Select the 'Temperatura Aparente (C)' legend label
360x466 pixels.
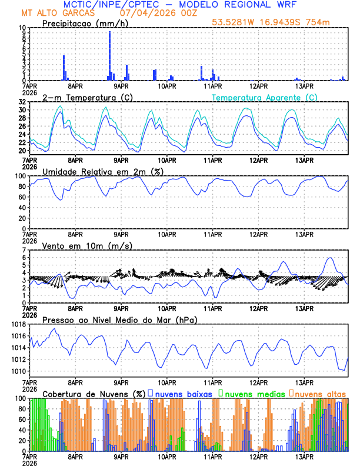265,97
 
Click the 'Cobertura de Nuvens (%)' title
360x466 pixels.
93,393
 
